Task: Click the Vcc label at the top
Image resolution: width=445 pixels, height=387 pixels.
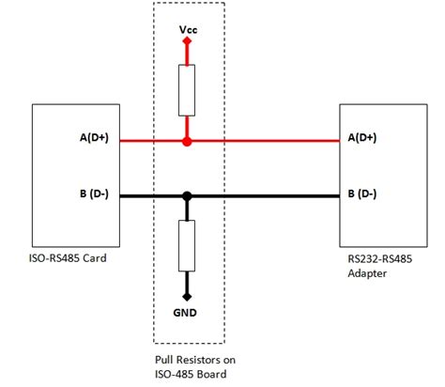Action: click(188, 31)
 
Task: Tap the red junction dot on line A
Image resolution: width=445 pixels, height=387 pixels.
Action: click(188, 142)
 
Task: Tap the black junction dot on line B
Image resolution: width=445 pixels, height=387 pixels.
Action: click(188, 197)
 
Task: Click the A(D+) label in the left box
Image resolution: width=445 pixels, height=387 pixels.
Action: click(96, 139)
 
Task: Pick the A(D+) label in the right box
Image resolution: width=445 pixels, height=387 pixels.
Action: click(362, 138)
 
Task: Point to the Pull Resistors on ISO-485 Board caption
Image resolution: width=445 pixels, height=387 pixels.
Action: click(189, 366)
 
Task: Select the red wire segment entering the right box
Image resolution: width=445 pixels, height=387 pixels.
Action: click(300, 142)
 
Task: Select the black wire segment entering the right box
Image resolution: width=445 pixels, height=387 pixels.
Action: click(300, 197)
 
